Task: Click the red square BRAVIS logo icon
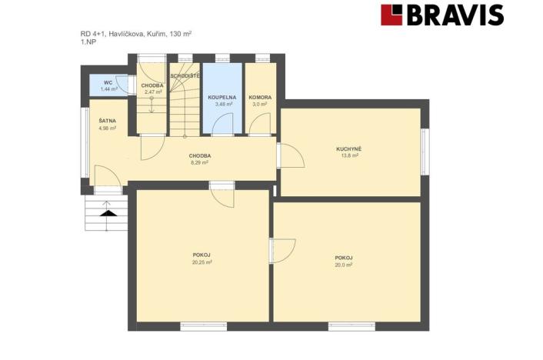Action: pos(391,15)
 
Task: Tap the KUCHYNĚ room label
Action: pos(348,149)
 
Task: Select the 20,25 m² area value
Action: pos(202,262)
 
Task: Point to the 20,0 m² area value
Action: pos(344,265)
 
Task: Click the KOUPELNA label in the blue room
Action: pos(222,98)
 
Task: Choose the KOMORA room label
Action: pos(260,98)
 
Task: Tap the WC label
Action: pos(108,83)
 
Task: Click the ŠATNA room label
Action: pos(108,121)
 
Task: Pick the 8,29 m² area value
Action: pos(199,162)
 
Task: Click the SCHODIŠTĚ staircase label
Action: pos(185,75)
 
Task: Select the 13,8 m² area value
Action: pos(349,155)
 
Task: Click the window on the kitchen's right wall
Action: pos(425,152)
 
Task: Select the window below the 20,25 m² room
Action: pos(204,326)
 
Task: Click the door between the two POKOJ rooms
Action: pos(282,251)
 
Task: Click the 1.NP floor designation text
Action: pos(88,42)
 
